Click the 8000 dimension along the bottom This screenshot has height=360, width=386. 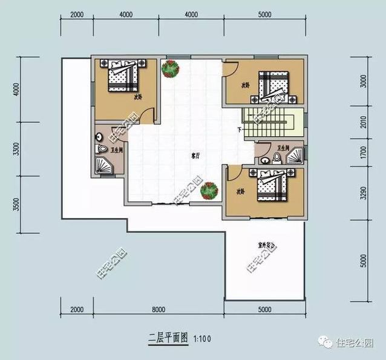159,310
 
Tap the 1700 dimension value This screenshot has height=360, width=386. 363,154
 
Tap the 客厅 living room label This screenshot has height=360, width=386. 195,155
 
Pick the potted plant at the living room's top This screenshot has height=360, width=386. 170,70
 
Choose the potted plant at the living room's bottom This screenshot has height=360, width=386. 209,191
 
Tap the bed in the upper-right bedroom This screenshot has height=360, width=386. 273,86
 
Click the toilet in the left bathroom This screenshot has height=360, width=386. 99,147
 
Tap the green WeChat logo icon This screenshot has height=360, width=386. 327,343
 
